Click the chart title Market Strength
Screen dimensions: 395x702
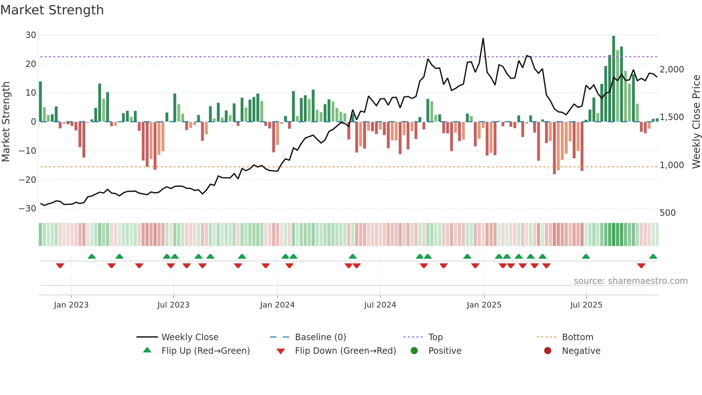point(52,10)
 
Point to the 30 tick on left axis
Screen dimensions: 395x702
point(31,35)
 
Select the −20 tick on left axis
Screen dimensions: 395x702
point(28,180)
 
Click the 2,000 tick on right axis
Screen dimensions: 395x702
point(672,70)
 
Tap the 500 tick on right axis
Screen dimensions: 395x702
point(667,213)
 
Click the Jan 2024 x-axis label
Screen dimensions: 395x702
point(277,305)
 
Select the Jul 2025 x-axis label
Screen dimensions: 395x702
point(586,305)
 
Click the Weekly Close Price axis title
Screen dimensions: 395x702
point(696,122)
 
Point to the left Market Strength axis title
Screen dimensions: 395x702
point(6,122)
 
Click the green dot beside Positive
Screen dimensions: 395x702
point(414,351)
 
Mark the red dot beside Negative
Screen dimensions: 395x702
point(547,351)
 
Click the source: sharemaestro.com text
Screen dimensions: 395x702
point(630,281)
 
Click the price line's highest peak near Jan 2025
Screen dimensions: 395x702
point(483,39)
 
